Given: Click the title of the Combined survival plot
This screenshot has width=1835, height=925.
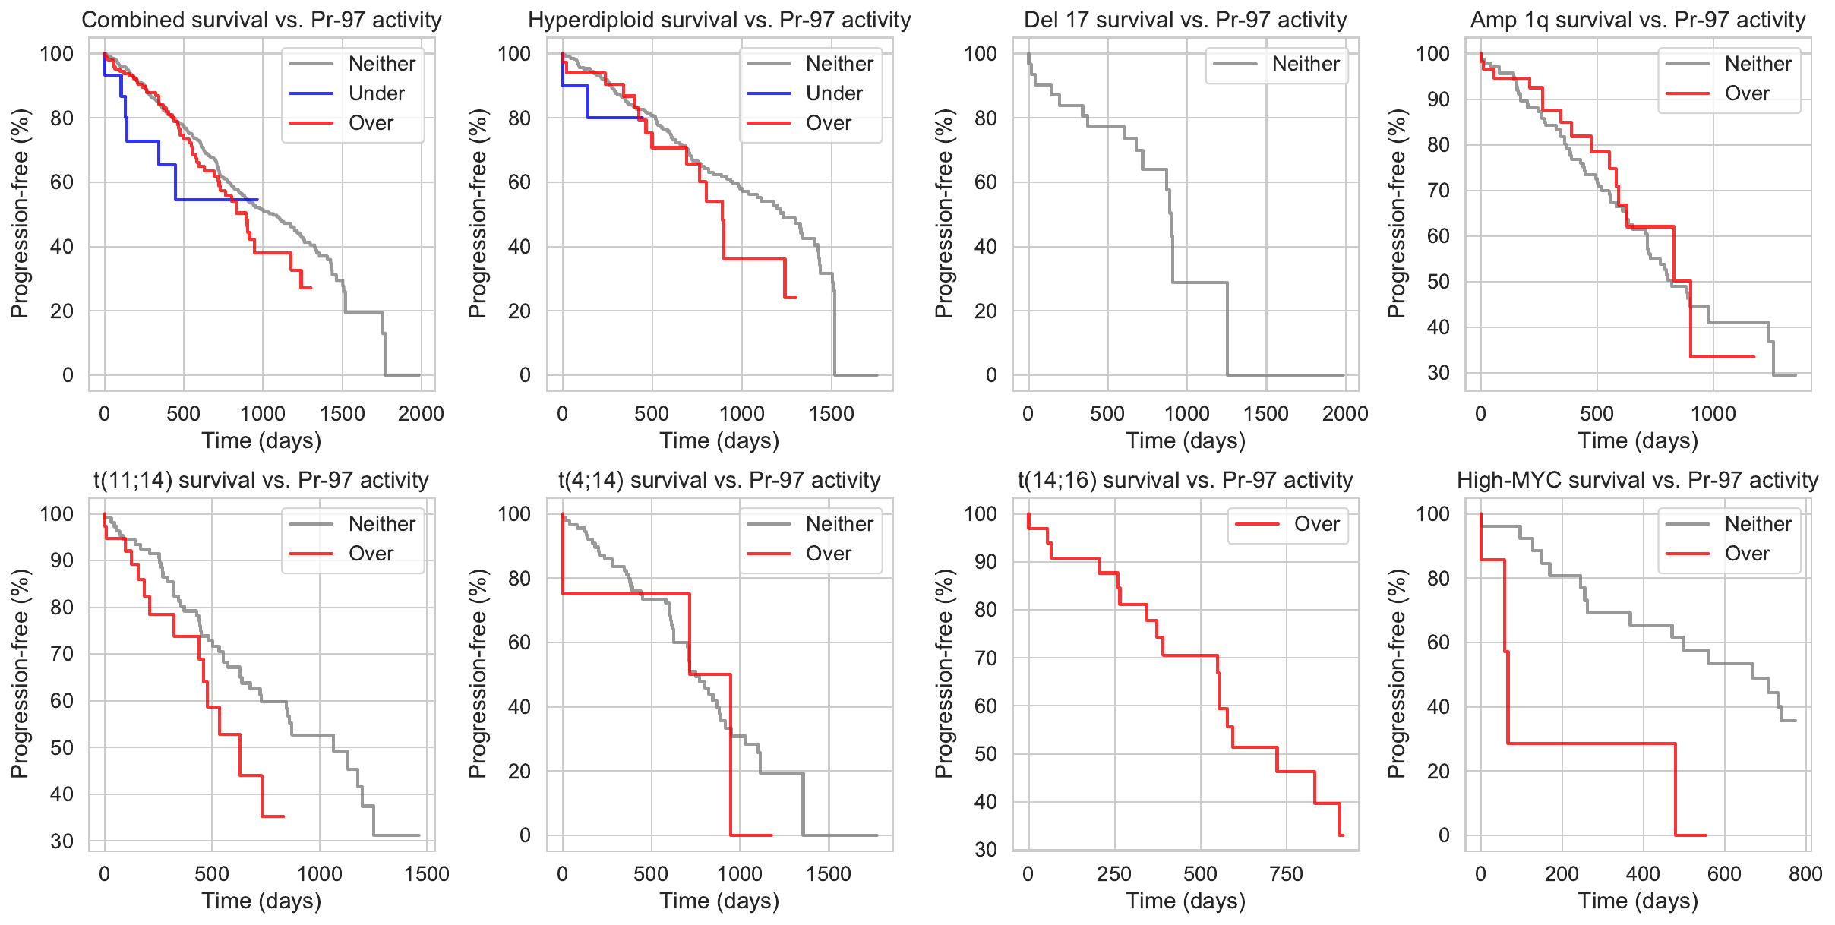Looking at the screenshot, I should [x=261, y=20].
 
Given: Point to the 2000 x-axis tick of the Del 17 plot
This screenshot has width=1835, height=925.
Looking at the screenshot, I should [x=1344, y=414].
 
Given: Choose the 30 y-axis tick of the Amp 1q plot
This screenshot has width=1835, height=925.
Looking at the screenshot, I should [x=1438, y=373].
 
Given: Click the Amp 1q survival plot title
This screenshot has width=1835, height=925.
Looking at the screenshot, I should [x=1638, y=20].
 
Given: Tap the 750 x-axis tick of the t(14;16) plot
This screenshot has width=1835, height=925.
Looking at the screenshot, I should [x=1286, y=874].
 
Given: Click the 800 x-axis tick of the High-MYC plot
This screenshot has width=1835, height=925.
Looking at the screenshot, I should [x=1805, y=874].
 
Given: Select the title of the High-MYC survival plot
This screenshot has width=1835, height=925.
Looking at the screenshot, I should [x=1638, y=480].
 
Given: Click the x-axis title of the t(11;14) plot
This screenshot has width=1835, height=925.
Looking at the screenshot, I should [x=261, y=901].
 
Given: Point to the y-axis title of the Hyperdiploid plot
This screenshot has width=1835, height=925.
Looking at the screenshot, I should [x=477, y=213].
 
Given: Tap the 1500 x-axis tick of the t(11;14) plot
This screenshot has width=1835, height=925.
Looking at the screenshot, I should [x=427, y=874].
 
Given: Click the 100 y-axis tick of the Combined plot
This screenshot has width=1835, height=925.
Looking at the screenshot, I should [x=57, y=53].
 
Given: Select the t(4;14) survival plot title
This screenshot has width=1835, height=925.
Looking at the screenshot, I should [x=719, y=480].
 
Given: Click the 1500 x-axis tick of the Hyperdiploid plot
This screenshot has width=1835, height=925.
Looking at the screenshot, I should [x=832, y=414].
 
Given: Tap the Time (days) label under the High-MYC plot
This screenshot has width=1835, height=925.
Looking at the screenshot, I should [x=1638, y=901].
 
